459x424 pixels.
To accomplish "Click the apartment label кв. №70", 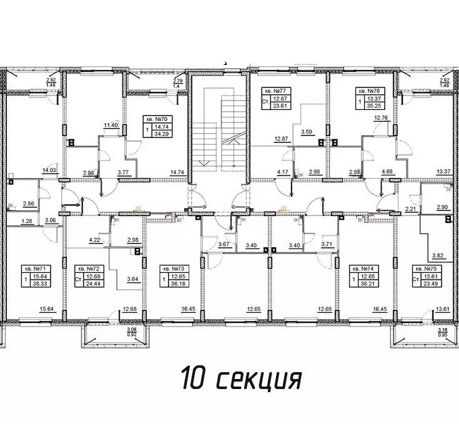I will [157, 118].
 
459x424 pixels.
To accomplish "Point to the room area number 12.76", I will [381, 117].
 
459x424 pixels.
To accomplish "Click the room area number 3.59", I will [306, 132].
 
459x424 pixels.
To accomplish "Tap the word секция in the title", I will [260, 378].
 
